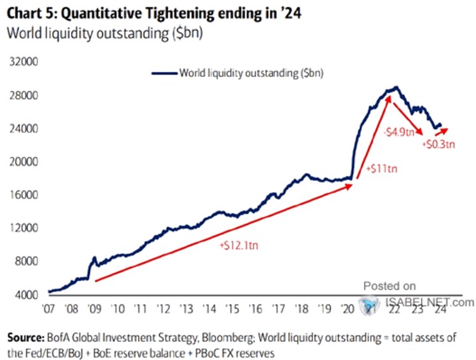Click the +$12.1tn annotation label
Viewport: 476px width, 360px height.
click(238, 245)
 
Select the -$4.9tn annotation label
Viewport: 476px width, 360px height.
click(398, 130)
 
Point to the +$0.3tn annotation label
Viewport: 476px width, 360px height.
click(439, 144)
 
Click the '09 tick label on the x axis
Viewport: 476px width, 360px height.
click(96, 309)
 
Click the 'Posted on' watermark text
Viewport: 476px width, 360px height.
click(390, 286)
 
